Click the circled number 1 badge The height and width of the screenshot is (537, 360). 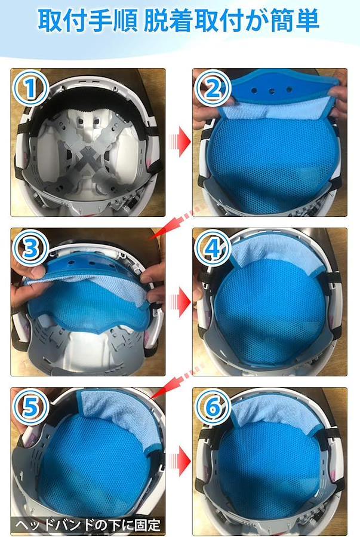click(30, 88)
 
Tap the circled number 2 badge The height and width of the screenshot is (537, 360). click(213, 88)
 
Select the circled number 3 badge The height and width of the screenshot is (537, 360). click(30, 247)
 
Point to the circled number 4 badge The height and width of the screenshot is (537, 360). click(213, 247)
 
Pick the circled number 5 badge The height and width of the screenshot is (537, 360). click(30, 407)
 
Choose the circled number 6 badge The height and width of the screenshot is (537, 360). click(213, 407)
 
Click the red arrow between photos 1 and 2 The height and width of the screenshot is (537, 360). click(179, 141)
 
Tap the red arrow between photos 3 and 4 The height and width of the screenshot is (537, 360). click(179, 301)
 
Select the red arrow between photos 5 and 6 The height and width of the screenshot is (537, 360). click(179, 461)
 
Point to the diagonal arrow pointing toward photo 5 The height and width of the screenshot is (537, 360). click(177, 382)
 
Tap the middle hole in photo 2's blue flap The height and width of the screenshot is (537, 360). click(272, 91)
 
